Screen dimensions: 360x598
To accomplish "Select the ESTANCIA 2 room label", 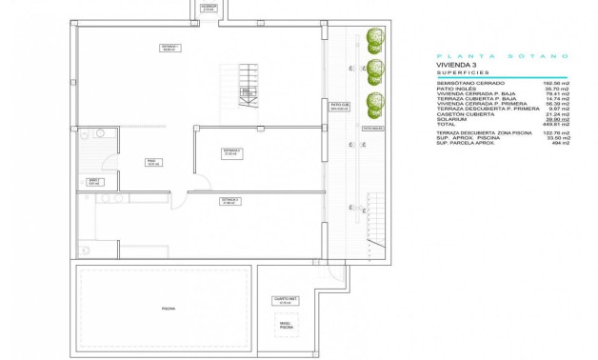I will point(232,151).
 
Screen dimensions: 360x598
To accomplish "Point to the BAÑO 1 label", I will point(94,181).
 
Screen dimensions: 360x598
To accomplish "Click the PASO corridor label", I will point(151,162).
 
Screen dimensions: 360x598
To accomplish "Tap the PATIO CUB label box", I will point(341,107).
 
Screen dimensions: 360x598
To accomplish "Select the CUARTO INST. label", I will point(284,302).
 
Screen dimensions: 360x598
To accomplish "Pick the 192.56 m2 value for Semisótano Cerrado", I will point(557,83).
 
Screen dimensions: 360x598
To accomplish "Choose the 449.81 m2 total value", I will point(557,124).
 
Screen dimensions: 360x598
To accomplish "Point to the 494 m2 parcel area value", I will point(561,147).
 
